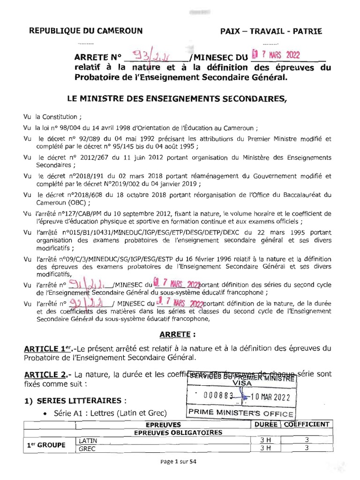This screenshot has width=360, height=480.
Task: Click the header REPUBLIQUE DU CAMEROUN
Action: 86,31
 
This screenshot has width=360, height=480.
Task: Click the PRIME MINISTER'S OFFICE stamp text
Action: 240,413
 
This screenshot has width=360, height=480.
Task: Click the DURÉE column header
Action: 265,424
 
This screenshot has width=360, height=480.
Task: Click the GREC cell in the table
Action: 87,449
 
